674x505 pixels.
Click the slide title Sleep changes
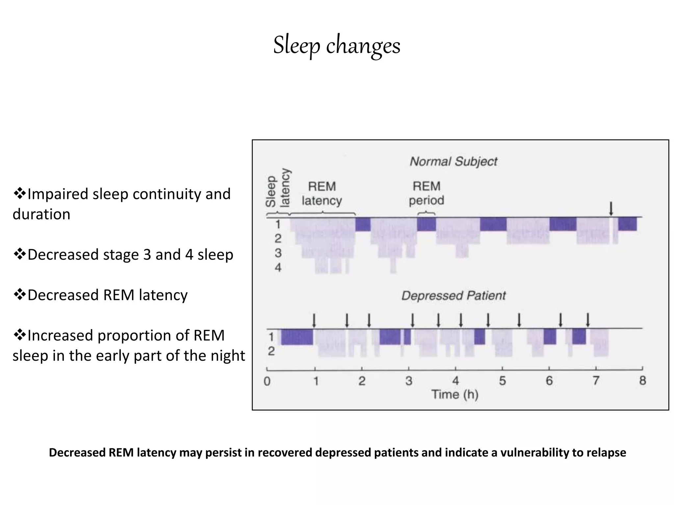337,45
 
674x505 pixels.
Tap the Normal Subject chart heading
453,161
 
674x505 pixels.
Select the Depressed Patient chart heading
453,296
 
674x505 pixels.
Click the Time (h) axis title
454,394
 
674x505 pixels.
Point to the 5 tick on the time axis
502,381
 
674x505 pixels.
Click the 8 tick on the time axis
642,381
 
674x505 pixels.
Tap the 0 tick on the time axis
267,381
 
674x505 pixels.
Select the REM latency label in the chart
322,193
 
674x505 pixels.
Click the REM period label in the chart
426,193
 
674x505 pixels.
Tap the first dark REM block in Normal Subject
363,224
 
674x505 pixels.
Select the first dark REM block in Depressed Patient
297,337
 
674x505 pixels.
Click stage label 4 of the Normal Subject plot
278,267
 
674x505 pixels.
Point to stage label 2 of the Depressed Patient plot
271,351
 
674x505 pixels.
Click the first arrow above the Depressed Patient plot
314,320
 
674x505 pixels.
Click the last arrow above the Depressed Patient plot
588,320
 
